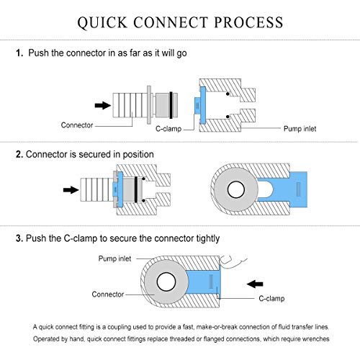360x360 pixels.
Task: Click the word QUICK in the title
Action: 102,23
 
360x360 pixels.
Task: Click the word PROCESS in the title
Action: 248,22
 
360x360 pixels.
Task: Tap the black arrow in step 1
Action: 103,105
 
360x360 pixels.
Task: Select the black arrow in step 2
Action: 71,190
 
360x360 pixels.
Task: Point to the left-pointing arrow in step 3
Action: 255,284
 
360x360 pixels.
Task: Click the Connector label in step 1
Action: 77,125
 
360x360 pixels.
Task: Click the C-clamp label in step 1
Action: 168,129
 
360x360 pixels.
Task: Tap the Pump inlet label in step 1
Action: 300,129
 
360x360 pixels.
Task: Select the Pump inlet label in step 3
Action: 114,258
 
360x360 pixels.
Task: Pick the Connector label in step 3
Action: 108,294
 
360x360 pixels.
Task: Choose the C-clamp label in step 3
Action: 271,298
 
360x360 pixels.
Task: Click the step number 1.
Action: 19,53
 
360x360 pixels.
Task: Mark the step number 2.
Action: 19,154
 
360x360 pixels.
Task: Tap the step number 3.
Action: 19,238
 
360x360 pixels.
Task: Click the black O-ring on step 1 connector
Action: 171,105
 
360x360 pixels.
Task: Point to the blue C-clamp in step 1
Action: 202,105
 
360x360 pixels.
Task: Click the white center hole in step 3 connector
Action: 166,282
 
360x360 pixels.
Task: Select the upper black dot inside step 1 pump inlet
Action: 228,94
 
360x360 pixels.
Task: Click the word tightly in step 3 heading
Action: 208,238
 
